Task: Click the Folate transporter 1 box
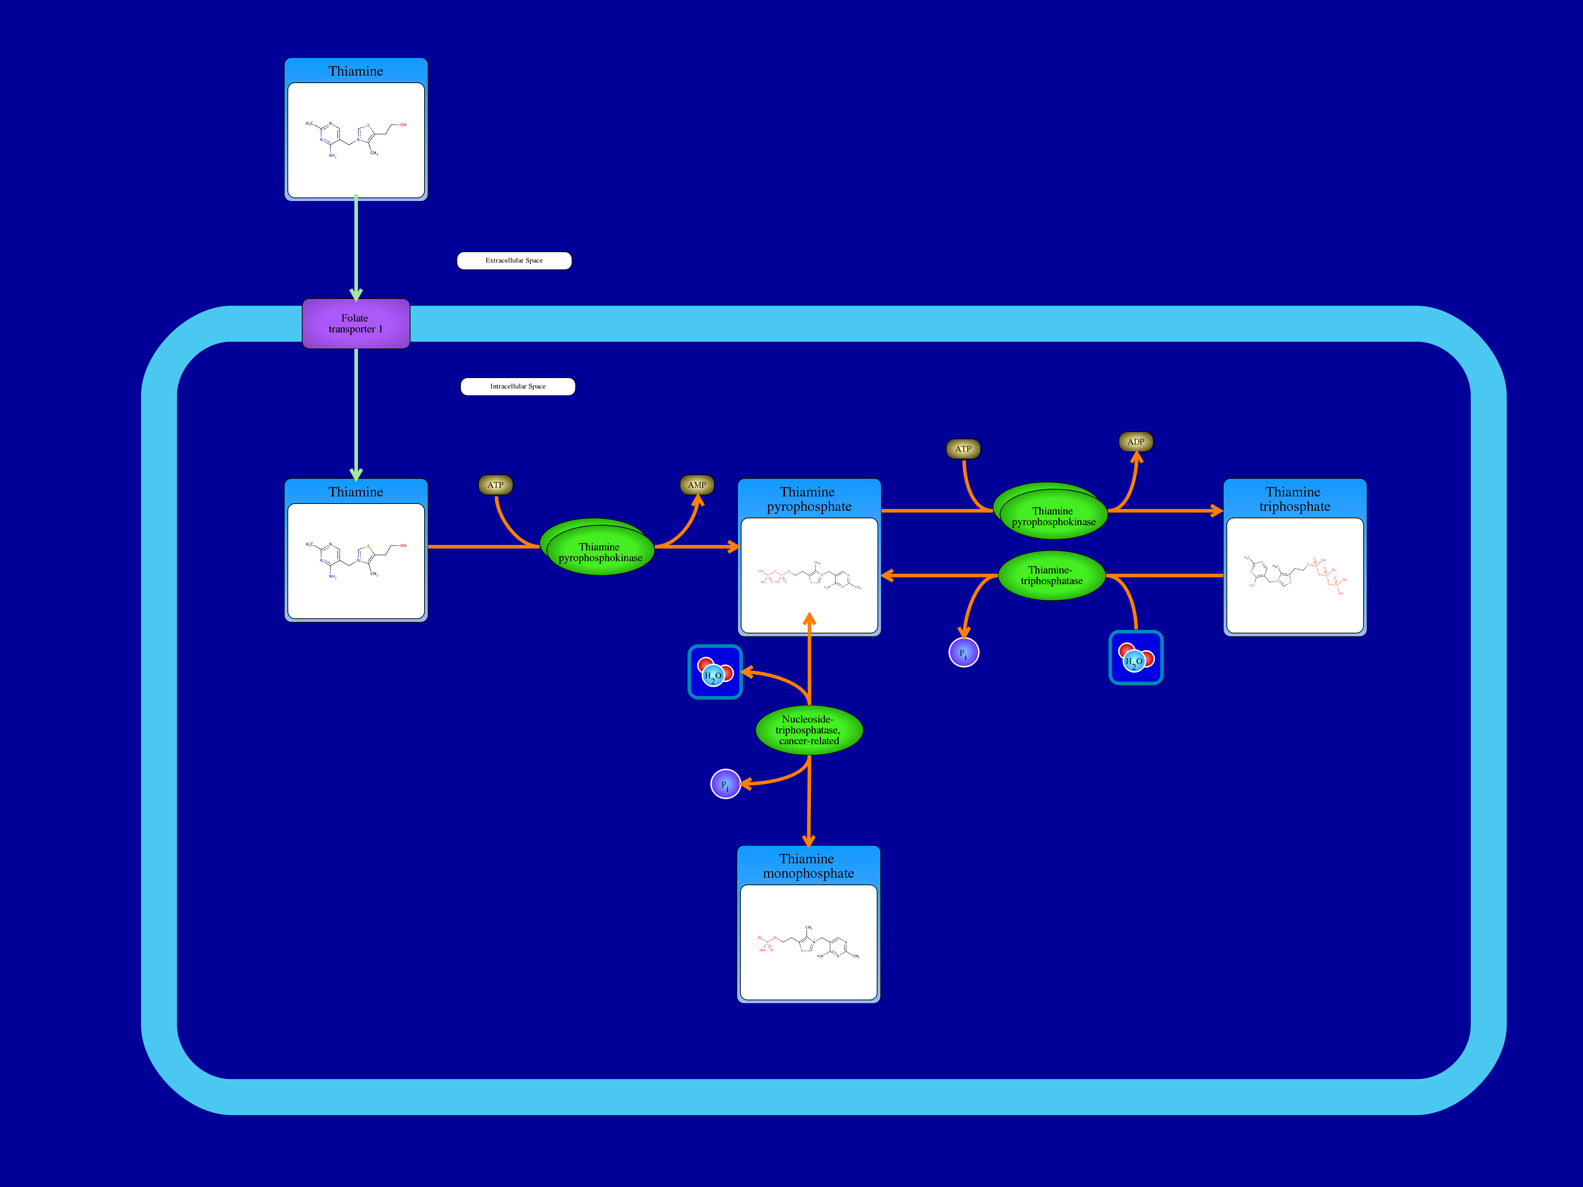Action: click(x=356, y=323)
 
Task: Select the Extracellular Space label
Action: click(x=514, y=260)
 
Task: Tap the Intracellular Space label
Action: click(x=517, y=386)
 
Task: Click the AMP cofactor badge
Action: click(x=696, y=485)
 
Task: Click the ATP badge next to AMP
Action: click(x=495, y=485)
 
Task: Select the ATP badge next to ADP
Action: click(x=963, y=449)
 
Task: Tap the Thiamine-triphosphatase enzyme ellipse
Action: click(x=1051, y=575)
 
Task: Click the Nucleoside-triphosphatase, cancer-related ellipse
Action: click(x=809, y=730)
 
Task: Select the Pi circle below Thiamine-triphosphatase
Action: click(x=963, y=652)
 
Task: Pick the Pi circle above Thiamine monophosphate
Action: click(x=725, y=784)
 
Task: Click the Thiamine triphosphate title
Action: click(x=1294, y=499)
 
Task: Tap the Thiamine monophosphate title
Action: click(x=808, y=866)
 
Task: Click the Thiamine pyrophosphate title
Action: click(x=809, y=499)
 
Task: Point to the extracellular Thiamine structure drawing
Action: click(x=356, y=140)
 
